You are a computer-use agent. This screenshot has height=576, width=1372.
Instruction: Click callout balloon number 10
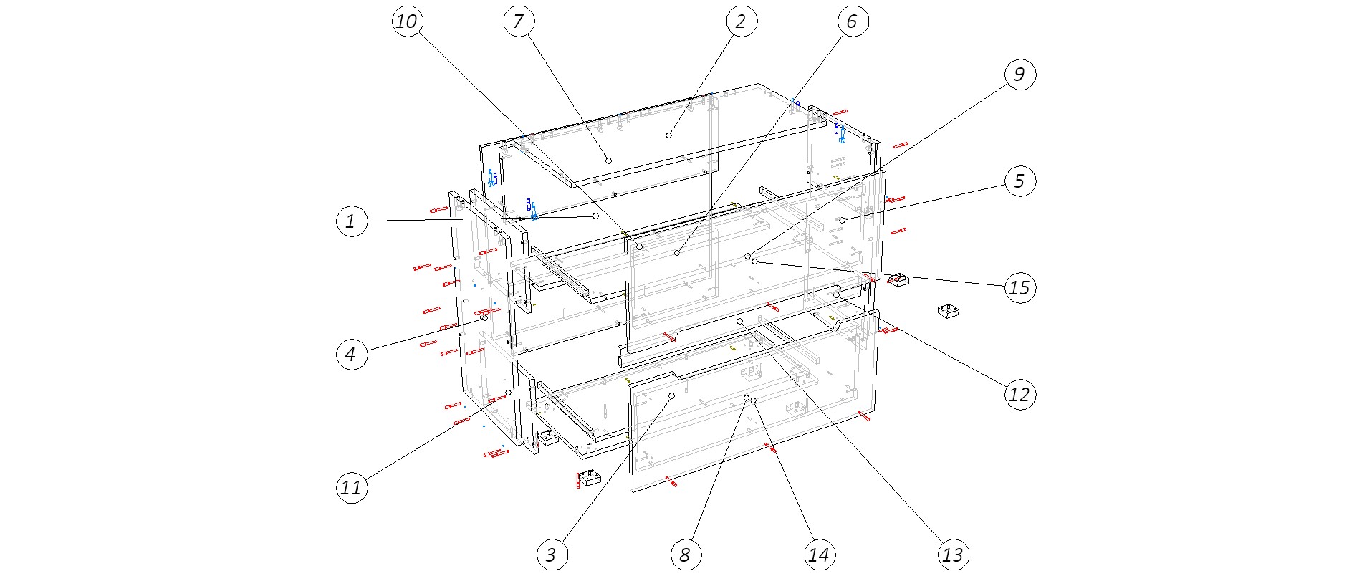[407, 21]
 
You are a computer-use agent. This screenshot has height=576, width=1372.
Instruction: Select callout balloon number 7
[519, 21]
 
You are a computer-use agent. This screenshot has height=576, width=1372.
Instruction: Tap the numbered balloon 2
[741, 21]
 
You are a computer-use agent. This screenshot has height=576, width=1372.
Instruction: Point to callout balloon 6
[853, 21]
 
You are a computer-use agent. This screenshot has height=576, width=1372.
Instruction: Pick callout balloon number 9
[1020, 75]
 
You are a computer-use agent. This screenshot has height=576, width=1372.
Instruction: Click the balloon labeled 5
[1020, 181]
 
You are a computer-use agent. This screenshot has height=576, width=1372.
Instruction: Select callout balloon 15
[1020, 288]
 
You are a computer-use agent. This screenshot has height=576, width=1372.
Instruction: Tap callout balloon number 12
[1020, 395]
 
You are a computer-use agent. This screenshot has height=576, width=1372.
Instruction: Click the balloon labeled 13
[953, 555]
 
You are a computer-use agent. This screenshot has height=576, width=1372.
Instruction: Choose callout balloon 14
[819, 555]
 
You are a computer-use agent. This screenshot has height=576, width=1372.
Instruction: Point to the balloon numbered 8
[685, 555]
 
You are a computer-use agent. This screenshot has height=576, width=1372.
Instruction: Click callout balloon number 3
[551, 555]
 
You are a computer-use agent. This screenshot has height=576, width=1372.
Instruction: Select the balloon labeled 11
[351, 488]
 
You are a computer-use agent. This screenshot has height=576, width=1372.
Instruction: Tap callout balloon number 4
[351, 354]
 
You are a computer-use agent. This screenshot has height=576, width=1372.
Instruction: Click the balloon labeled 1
[351, 221]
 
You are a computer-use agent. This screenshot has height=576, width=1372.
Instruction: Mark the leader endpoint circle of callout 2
[668, 135]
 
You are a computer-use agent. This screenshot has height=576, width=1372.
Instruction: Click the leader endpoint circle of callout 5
[843, 219]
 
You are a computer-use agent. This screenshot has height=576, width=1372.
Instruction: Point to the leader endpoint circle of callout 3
[671, 395]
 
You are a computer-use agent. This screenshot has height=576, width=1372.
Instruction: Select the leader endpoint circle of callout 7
[608, 160]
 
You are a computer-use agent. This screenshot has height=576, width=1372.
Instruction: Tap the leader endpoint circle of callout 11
[508, 393]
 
